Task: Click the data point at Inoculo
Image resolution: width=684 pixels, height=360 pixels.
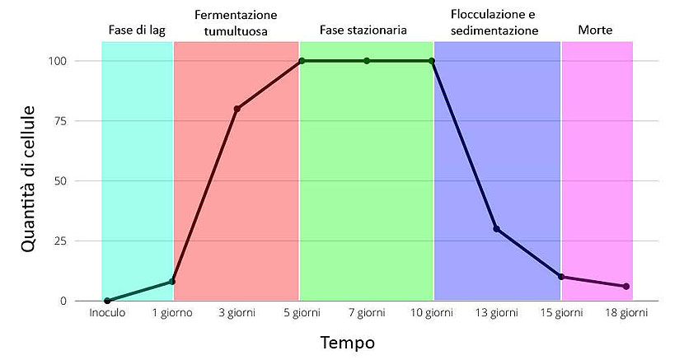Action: pos(107,301)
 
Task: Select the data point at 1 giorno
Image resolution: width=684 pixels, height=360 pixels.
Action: pos(172,282)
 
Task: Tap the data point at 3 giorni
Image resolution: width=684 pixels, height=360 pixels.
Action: pos(237,109)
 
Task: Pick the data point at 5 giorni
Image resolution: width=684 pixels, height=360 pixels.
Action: pos(302,61)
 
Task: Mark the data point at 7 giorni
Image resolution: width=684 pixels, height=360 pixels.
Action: pos(367,61)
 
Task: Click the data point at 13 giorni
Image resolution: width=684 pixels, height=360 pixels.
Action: pos(496,229)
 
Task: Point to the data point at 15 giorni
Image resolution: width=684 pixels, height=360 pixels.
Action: pos(561,277)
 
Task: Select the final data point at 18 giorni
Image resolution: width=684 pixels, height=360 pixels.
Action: pos(626,286)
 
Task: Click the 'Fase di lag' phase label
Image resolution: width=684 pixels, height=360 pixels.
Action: pos(137,30)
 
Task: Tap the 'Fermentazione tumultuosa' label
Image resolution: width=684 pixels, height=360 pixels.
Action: pos(236,23)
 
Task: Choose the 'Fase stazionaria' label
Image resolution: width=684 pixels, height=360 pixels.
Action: pos(363,30)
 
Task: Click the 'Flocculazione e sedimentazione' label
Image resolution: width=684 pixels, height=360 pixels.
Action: pos(494,23)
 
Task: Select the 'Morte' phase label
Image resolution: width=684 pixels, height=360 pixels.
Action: pos(595,30)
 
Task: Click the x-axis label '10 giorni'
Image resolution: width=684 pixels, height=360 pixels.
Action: pos(431,314)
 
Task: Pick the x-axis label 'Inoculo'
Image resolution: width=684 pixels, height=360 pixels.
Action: pos(107,314)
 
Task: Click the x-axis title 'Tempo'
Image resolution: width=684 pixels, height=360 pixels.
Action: pos(348,342)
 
